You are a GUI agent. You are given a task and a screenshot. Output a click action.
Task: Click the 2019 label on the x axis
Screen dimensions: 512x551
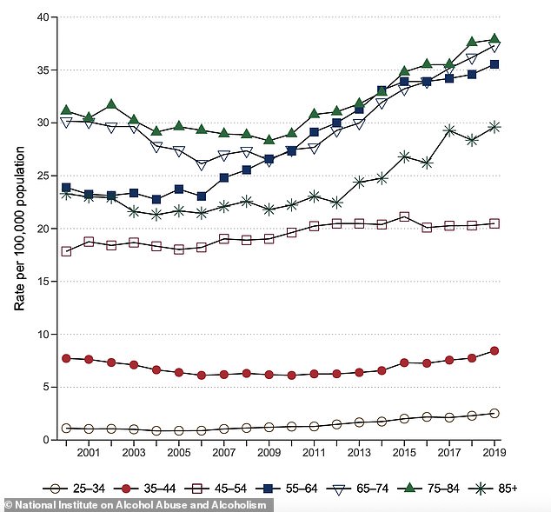(x=495, y=454)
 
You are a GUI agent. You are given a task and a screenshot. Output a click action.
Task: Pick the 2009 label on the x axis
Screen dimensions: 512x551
(x=269, y=454)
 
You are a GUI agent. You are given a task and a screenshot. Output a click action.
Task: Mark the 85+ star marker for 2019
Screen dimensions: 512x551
(x=495, y=127)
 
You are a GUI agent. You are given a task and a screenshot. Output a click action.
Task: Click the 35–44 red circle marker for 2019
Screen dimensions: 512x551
(x=495, y=351)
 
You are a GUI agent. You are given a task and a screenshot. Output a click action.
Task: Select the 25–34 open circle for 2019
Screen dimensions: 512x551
(x=495, y=413)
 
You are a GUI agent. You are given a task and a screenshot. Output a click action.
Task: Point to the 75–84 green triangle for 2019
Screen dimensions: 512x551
(x=495, y=38)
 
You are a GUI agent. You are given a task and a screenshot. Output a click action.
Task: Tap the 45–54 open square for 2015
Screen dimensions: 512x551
(x=404, y=216)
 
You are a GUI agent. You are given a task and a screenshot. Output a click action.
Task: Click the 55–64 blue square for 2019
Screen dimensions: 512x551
(x=495, y=64)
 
